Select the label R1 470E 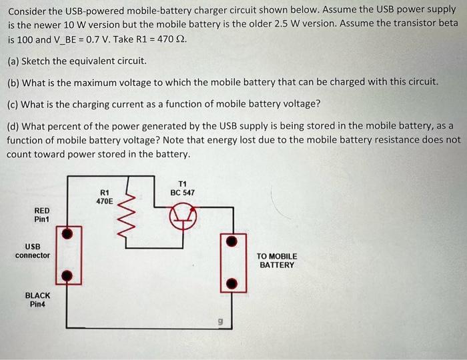105,195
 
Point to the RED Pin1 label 41,214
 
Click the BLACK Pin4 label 37,299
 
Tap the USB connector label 33,251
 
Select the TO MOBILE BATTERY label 277,260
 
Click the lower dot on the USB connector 65,275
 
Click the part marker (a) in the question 13,61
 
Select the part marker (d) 13,126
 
